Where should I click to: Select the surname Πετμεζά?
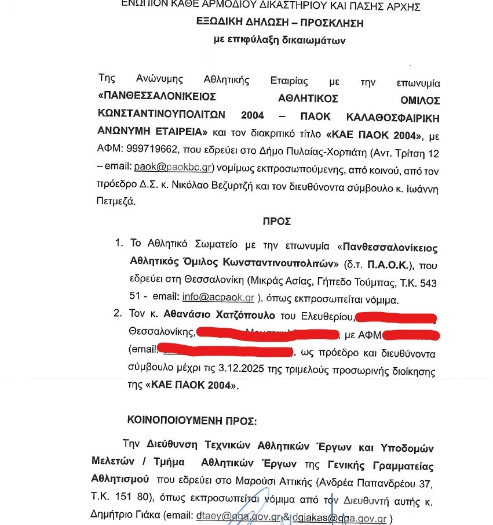[x=115, y=201]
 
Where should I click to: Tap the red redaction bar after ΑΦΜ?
[x=411, y=335]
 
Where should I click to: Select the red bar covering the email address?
[x=225, y=350]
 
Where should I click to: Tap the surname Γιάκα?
[x=147, y=517]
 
